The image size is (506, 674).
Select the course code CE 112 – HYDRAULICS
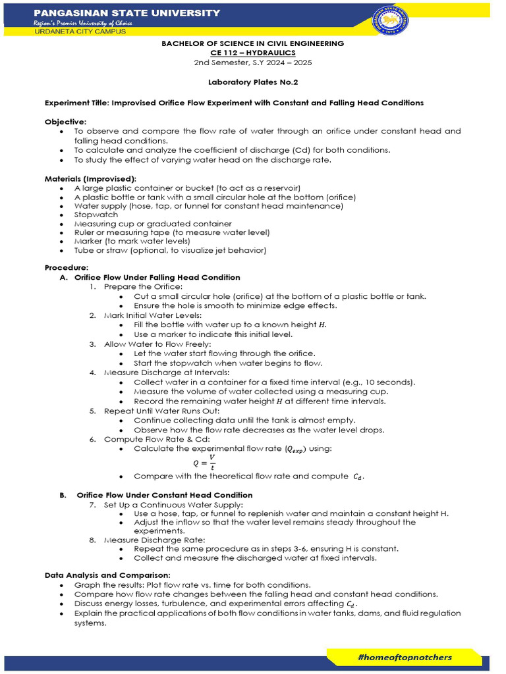click(253, 53)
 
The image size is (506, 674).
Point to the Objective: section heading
click(65, 122)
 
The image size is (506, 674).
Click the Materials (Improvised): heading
click(90, 178)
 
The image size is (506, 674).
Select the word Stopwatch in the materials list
click(96, 215)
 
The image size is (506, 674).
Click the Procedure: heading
click(66, 268)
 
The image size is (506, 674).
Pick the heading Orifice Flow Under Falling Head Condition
click(157, 277)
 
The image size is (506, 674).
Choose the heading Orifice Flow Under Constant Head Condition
click(164, 495)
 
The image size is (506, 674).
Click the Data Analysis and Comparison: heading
click(108, 575)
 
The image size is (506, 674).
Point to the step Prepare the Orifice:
click(143, 286)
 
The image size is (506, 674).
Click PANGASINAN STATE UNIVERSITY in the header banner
click(126, 13)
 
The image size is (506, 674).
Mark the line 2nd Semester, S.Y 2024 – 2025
click(253, 63)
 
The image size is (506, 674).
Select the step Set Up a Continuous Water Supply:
click(173, 504)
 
